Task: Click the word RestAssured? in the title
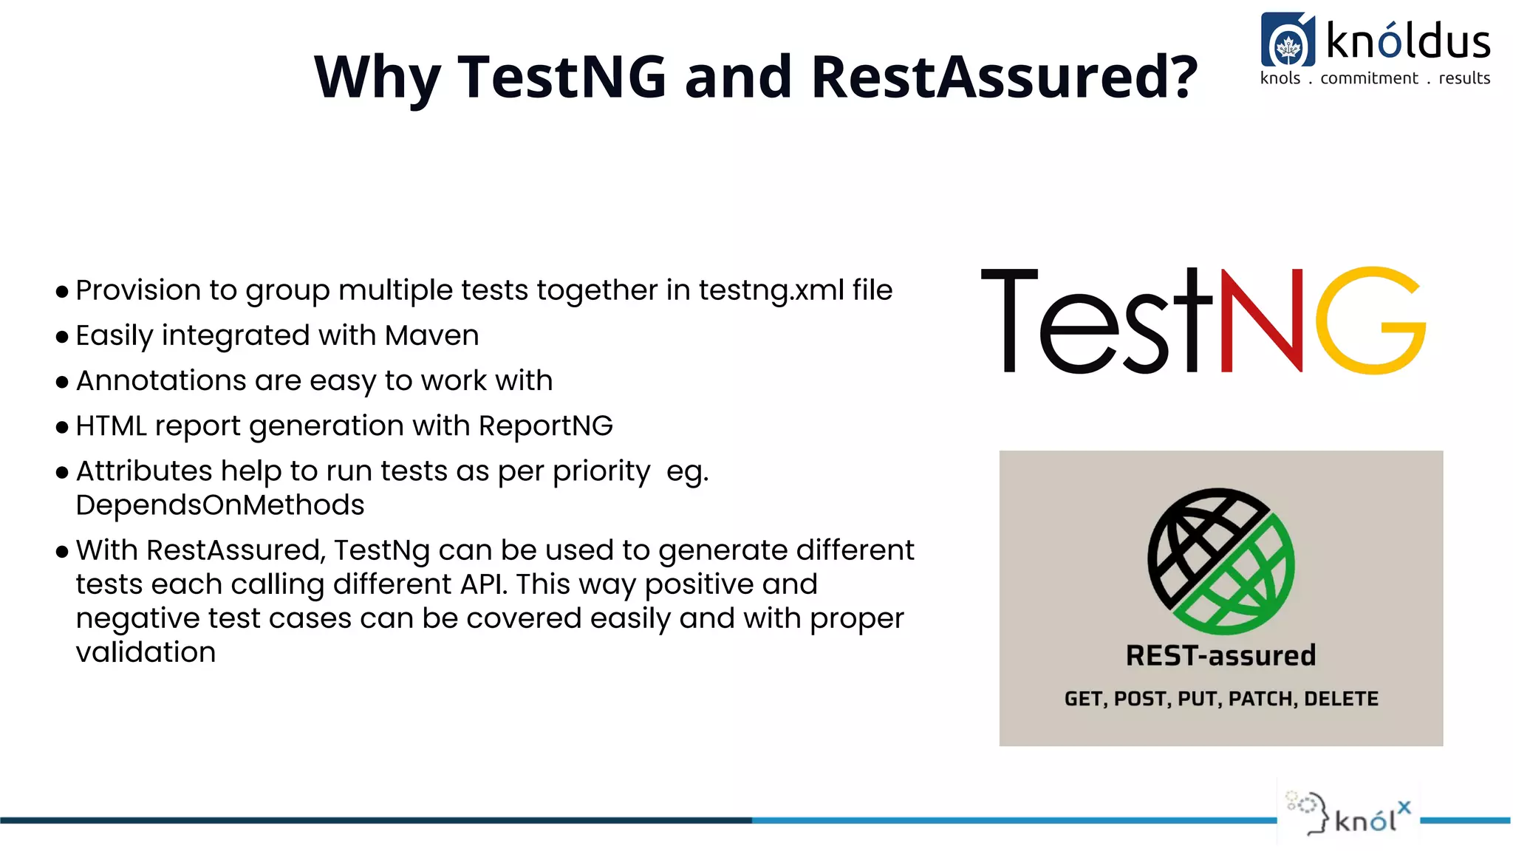coord(1004,77)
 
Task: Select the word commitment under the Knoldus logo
coord(1369,78)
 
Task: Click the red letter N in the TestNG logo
coord(1262,321)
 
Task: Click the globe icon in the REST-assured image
coord(1220,561)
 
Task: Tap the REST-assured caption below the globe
coord(1220,655)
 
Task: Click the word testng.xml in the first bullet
coord(771,290)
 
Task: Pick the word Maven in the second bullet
coord(432,336)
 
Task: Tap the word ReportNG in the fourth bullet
coord(545,426)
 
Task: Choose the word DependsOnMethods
coord(220,505)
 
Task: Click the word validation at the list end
coord(146,652)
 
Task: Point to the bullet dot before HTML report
coord(62,427)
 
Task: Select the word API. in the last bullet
coord(484,584)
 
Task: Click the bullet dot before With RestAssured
coord(62,551)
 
